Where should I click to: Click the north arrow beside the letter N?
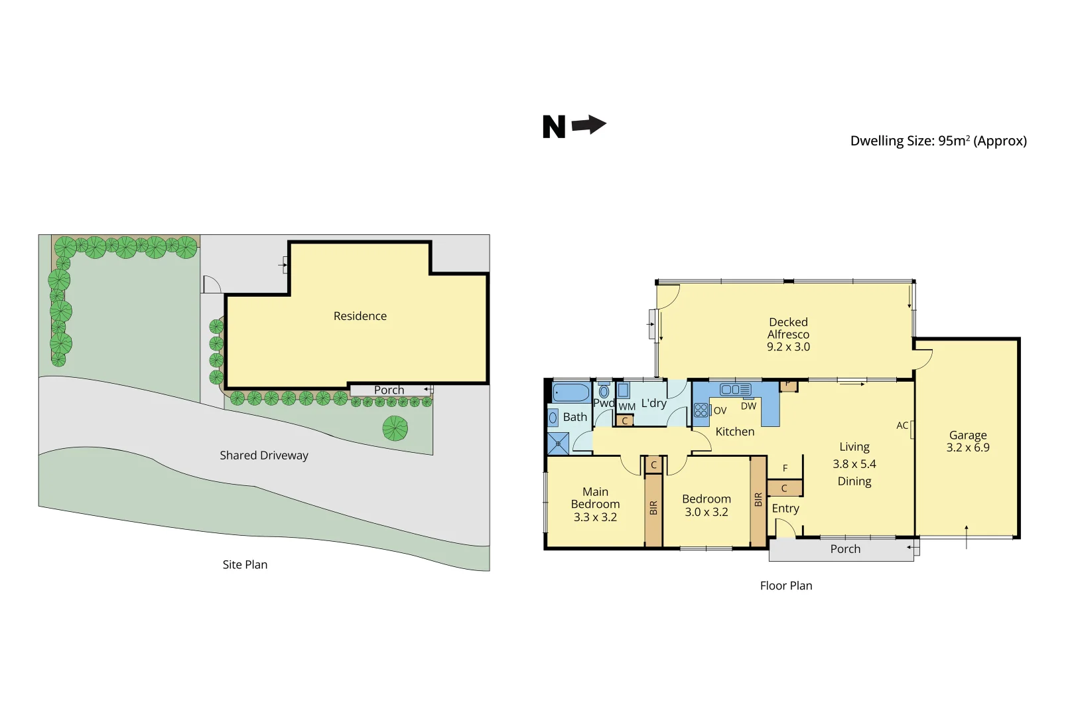[589, 124]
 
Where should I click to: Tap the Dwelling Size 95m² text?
[938, 141]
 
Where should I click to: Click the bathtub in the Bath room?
[571, 392]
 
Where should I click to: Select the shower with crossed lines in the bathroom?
[558, 443]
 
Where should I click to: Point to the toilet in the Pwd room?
[604, 391]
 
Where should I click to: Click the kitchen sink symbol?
[735, 390]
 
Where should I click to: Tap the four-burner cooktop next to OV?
[701, 410]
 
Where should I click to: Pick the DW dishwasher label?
[748, 406]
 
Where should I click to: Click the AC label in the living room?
[902, 426]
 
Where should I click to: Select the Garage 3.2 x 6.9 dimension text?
[968, 447]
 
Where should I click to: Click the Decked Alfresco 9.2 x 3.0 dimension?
[788, 347]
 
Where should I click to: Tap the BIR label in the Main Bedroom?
[653, 508]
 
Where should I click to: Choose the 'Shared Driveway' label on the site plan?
[264, 455]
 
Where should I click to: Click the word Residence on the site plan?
[360, 316]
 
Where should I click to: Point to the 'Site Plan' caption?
[245, 565]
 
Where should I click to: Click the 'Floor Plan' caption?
[786, 586]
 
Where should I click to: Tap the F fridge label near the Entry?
[785, 469]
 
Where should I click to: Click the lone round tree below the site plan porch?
[395, 428]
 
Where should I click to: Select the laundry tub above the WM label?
[624, 390]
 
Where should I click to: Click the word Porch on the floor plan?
[845, 549]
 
